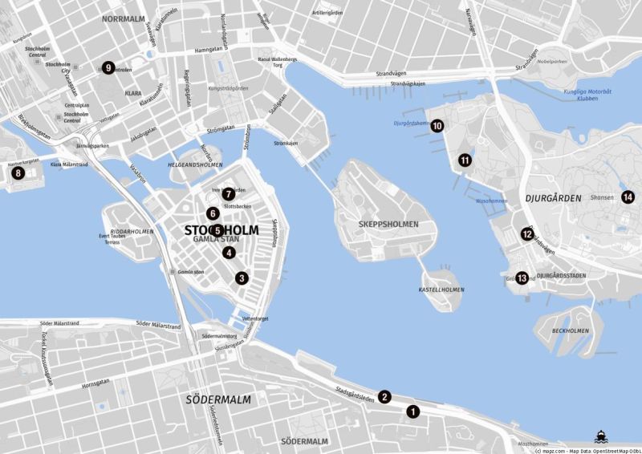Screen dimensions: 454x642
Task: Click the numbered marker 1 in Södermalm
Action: (x=413, y=411)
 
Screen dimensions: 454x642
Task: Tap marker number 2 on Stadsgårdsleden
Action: (x=385, y=396)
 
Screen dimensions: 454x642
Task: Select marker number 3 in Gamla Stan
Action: (x=242, y=278)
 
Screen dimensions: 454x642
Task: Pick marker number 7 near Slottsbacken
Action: (x=229, y=193)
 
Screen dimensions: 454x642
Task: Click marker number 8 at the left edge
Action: (x=18, y=172)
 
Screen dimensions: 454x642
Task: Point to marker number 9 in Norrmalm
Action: (x=108, y=68)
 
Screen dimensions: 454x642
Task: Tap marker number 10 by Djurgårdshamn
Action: (x=437, y=125)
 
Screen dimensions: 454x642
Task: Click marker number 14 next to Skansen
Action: (x=628, y=197)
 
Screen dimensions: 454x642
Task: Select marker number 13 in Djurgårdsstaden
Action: (x=522, y=278)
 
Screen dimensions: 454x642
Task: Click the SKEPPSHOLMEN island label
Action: (x=388, y=225)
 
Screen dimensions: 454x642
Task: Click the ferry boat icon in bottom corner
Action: (x=601, y=436)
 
